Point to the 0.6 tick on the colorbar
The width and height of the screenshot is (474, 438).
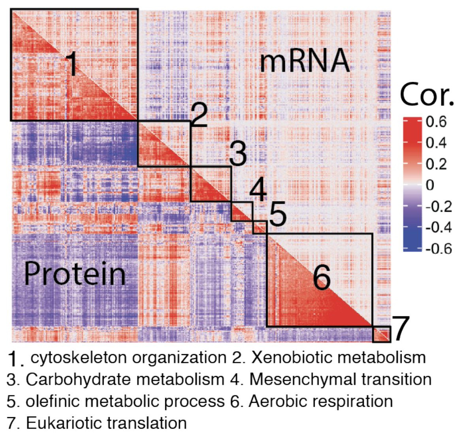436,122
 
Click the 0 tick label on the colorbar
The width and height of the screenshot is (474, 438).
430,185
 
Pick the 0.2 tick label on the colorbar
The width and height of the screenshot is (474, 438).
436,164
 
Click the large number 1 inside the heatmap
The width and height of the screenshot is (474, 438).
71,64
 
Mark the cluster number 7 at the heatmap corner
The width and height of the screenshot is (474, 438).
401,329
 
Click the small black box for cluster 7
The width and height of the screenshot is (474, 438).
382,334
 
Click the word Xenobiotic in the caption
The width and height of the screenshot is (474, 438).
284,357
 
